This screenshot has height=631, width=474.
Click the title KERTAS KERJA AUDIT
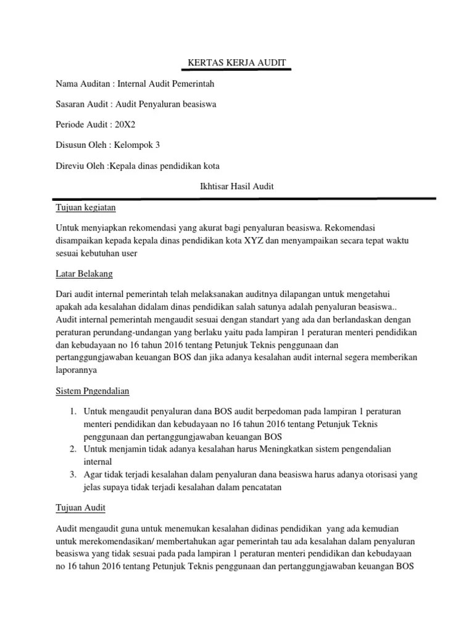pyautogui.click(x=238, y=63)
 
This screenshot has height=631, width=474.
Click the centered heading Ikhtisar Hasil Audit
pyautogui.click(x=238, y=187)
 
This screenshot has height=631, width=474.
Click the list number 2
pyautogui.click(x=72, y=449)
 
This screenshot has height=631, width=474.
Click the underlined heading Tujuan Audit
pyautogui.click(x=81, y=508)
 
